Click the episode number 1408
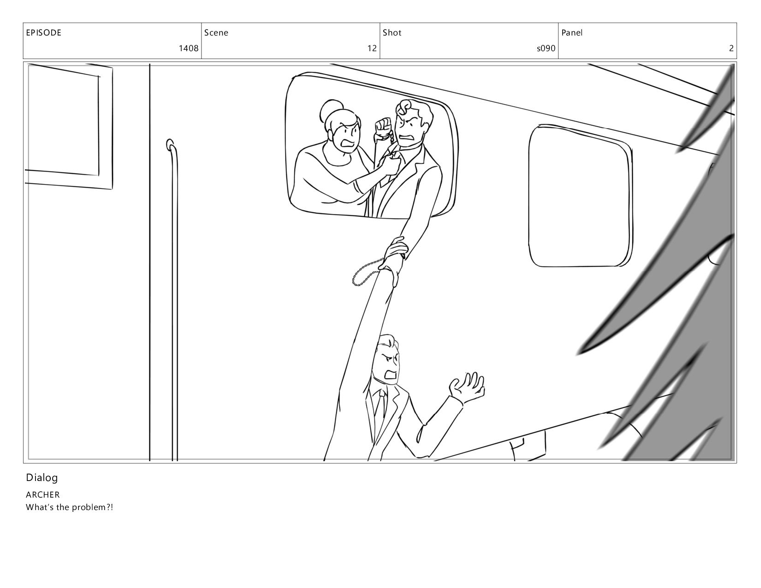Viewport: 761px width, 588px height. (x=189, y=48)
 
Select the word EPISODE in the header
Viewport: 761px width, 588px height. (x=44, y=33)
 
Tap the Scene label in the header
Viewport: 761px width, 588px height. (x=216, y=33)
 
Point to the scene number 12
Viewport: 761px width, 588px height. (x=372, y=48)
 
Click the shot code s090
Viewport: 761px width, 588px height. (x=546, y=48)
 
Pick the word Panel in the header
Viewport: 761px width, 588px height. (x=572, y=33)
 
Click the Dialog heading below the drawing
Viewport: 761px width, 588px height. (x=42, y=478)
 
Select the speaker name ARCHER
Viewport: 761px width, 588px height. (x=43, y=495)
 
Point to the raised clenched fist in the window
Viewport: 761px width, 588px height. (x=383, y=127)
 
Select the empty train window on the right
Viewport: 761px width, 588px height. (x=581, y=196)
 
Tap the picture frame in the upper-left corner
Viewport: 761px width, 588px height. (x=69, y=126)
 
